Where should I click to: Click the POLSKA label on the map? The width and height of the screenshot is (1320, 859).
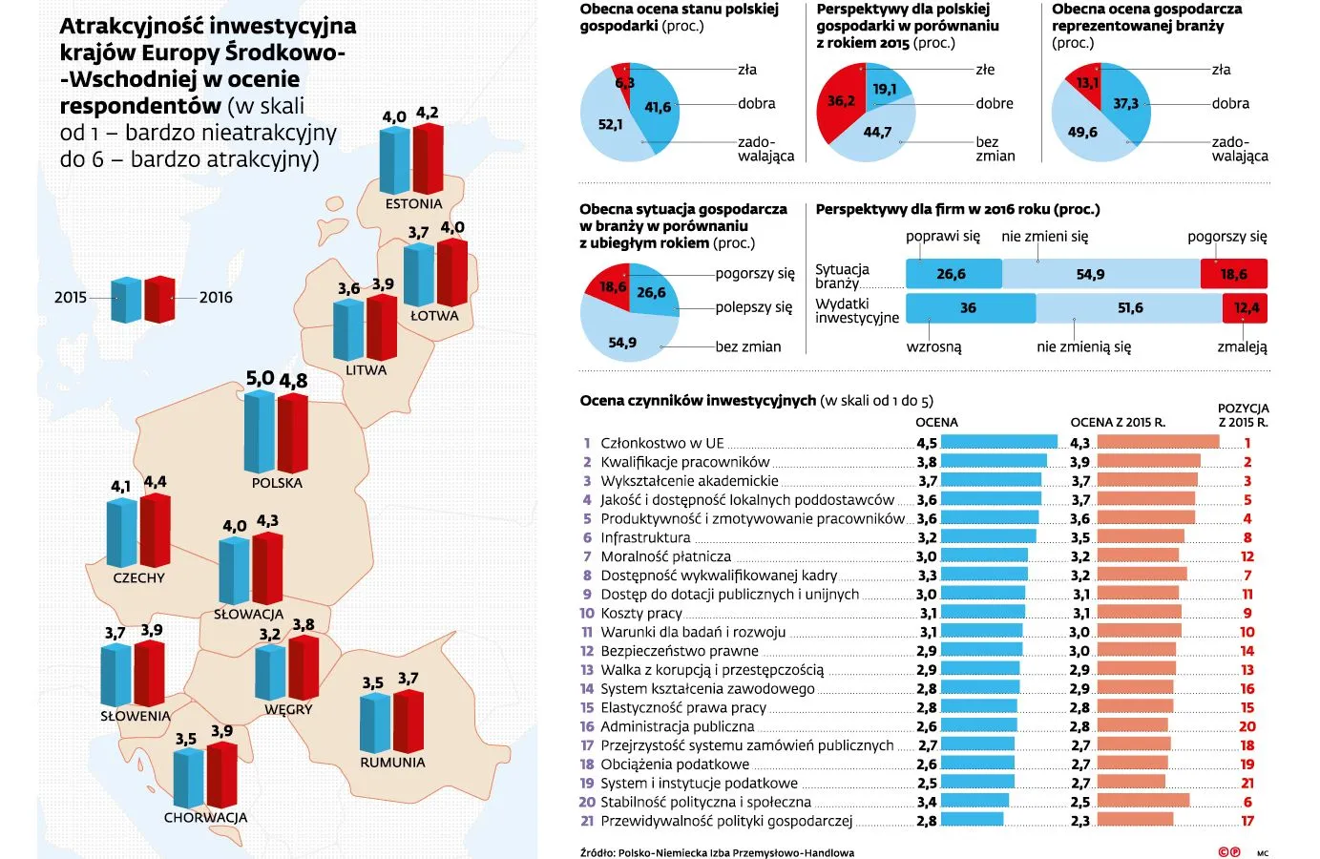coord(277,483)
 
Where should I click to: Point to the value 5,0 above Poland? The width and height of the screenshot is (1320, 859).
coord(260,378)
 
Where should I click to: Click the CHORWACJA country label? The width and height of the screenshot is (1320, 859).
coord(205,818)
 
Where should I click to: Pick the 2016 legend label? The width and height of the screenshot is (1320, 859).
coord(216,298)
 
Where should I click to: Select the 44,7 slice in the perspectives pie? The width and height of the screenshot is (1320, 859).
coord(874,135)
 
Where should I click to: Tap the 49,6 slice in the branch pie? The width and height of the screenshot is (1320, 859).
coord(1083,133)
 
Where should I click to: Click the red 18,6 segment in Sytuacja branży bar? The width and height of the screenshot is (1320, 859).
coord(1233,275)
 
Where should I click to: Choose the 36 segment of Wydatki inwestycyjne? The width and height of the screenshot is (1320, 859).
coord(969,308)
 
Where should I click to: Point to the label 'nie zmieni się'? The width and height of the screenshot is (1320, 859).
coord(1044,237)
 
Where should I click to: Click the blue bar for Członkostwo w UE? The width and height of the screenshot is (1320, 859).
coord(998,442)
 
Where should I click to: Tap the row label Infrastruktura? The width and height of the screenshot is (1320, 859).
coord(645,537)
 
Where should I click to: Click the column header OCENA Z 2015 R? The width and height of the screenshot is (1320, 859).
coord(1117,422)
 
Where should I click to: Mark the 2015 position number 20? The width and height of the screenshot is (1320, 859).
coord(1247,726)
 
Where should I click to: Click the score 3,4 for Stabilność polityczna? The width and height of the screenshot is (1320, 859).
coord(926,802)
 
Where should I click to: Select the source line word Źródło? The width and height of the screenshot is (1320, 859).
coord(597,853)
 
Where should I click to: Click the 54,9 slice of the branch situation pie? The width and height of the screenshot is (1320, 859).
coord(622,341)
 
